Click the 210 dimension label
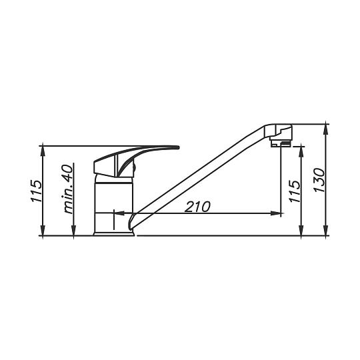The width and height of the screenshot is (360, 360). [197, 206]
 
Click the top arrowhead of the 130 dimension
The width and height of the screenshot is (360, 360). [326, 127]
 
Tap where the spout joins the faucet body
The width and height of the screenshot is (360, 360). [133, 217]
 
